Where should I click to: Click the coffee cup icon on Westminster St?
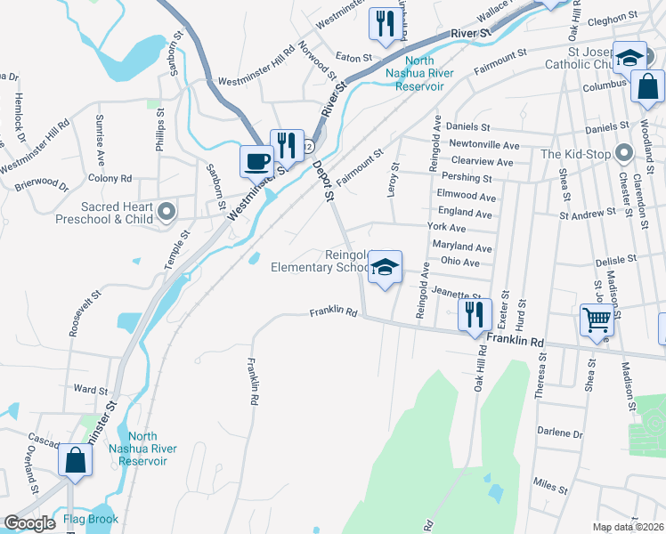[257, 161]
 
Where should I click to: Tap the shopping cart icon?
[597, 320]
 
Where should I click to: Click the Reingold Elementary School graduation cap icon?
[385, 266]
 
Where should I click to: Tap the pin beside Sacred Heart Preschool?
[166, 212]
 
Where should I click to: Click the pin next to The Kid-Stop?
[622, 154]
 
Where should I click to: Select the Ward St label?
[91, 390]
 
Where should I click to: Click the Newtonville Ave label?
[484, 144]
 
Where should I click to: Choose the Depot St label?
[323, 180]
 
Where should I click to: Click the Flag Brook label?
[91, 519]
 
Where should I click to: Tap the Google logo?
[30, 523]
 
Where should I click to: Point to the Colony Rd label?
[110, 178]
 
